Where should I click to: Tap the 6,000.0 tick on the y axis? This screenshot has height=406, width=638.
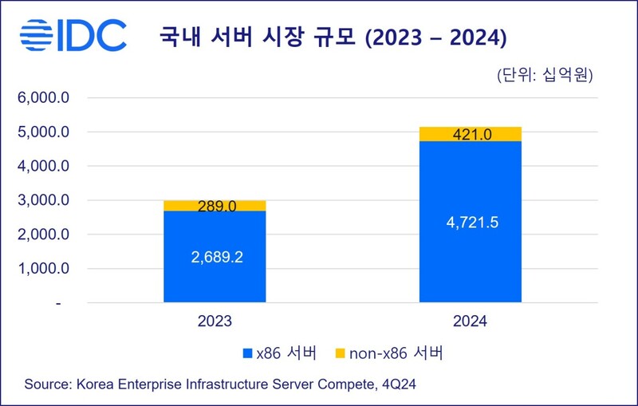point(45,98)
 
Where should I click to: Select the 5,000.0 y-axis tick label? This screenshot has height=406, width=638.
point(45,132)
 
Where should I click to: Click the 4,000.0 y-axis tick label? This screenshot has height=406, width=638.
point(45,167)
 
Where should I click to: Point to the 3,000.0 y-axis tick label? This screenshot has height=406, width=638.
point(45,201)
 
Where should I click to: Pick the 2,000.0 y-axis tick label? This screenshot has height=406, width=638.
point(45,235)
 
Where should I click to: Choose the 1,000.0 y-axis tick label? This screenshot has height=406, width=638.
point(45,270)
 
